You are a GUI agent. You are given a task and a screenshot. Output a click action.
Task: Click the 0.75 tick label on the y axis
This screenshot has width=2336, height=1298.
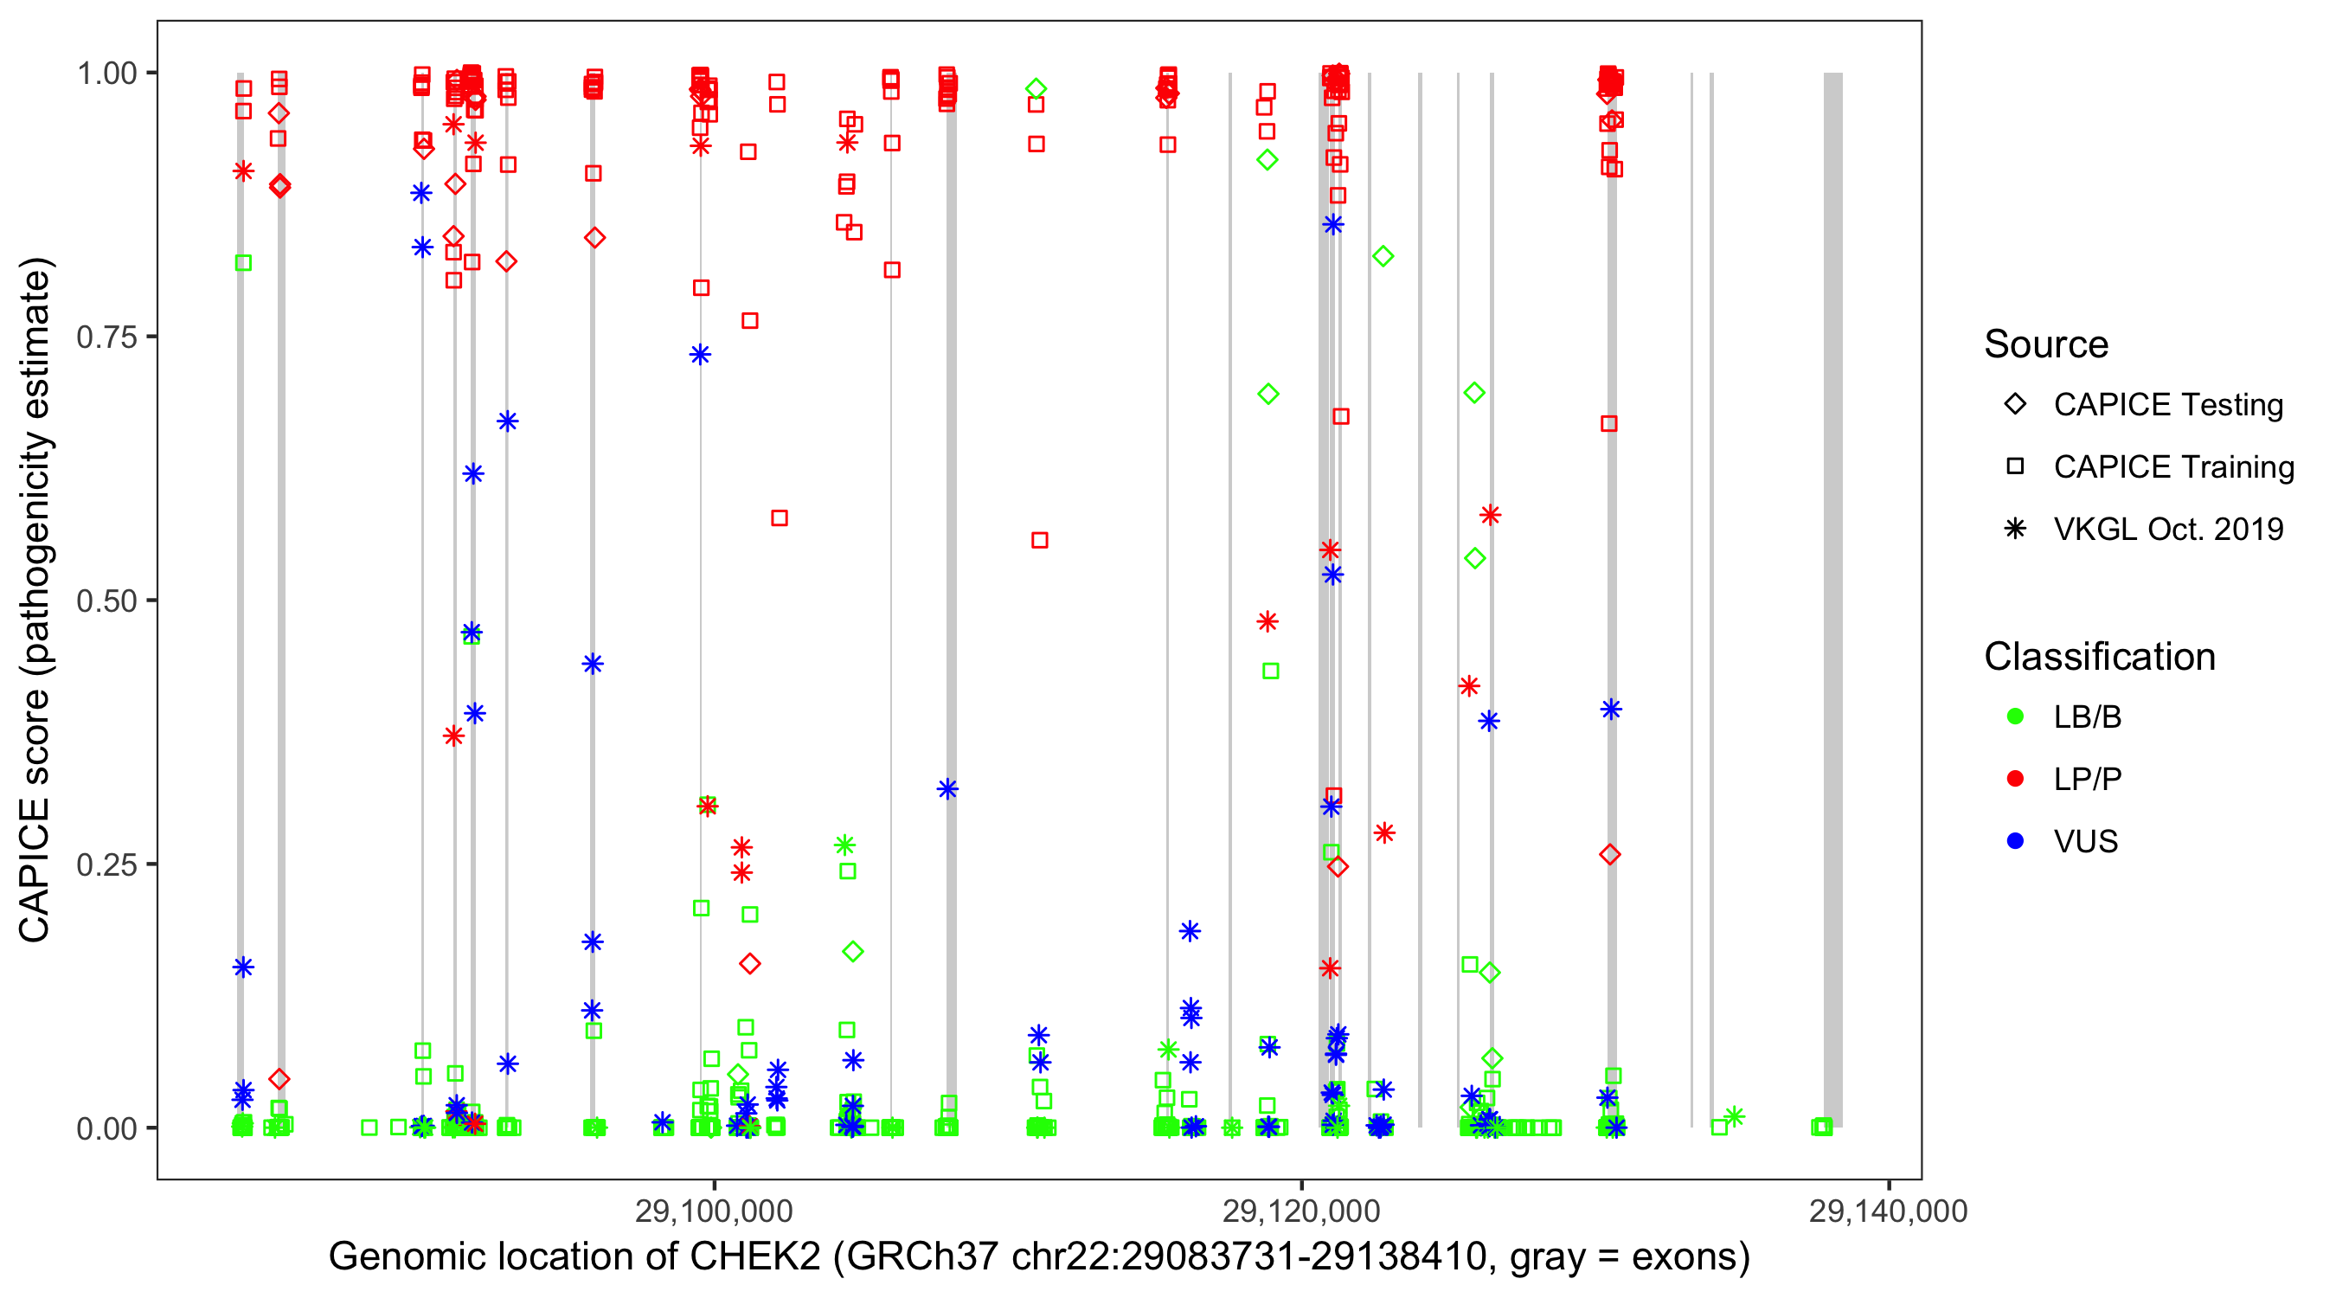coord(106,337)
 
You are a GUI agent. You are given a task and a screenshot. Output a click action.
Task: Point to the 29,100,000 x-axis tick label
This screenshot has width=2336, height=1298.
coord(714,1210)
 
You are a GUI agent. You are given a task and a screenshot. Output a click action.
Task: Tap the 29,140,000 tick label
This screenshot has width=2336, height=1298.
coord(1888,1210)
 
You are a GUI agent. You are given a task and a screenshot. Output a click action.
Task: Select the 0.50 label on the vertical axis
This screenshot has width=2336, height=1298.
coord(106,601)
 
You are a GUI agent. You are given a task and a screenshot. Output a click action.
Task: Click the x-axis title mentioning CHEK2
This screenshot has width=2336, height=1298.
coord(1038,1257)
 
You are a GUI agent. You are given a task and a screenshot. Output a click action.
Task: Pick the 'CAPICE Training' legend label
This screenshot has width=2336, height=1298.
coord(2173,467)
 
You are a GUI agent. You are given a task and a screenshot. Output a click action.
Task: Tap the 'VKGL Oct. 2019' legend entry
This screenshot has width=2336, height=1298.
coord(2167,529)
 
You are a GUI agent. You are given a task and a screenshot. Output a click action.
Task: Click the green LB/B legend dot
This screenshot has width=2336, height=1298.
coord(2015,716)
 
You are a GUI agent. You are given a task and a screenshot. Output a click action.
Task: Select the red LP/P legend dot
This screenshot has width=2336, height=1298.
coord(2015,779)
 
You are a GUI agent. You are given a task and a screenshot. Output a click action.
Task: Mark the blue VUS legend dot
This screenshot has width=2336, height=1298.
coord(2015,841)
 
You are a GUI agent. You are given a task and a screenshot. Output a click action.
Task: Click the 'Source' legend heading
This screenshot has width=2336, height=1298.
coord(2046,344)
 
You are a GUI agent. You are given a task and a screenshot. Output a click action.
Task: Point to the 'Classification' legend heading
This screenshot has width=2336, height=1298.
coord(2099,657)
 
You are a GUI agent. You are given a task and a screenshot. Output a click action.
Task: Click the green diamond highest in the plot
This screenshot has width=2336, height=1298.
coord(1036,89)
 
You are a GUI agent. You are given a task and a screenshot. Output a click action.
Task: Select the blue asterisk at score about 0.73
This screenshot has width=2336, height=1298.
coord(700,355)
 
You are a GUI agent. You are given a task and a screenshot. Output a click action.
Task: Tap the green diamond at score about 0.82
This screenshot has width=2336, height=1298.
coord(1383,257)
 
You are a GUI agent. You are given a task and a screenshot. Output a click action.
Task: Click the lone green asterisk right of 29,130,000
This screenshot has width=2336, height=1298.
coord(1734,1116)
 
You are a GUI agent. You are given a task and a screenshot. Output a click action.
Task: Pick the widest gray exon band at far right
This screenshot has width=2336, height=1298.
coord(1832,599)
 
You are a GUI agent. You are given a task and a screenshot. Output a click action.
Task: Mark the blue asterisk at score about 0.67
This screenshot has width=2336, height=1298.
coord(508,421)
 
